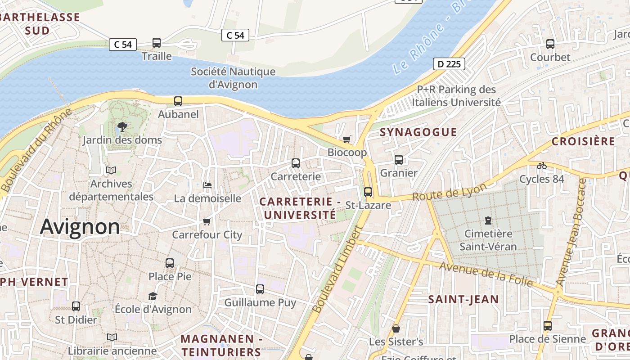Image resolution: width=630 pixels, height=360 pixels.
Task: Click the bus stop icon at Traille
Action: pos(157,43)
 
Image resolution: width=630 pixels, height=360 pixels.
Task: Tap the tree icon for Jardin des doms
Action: pos(122,127)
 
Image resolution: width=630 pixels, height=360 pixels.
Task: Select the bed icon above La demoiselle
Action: pos(207,185)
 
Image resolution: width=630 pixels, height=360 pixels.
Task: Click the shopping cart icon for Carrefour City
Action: pos(207,221)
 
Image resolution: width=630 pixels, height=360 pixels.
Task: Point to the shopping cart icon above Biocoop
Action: pos(346,139)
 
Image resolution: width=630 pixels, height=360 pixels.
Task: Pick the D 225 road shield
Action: pos(449,64)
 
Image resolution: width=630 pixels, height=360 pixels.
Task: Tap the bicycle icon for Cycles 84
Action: pos(542,166)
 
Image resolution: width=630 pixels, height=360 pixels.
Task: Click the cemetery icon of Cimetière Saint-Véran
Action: pos(488,220)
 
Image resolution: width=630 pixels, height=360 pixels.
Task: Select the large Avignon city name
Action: pos(80,227)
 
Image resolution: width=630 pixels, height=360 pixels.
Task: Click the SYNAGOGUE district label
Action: pos(418,132)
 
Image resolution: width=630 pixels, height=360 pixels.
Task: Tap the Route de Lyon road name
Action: pos(450,193)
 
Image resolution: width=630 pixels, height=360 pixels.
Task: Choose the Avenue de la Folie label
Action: pos(486,274)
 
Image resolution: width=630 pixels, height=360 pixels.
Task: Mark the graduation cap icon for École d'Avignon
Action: pos(153,296)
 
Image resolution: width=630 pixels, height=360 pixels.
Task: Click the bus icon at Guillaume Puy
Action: pos(260,289)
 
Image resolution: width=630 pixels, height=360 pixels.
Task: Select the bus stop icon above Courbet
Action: pos(550,44)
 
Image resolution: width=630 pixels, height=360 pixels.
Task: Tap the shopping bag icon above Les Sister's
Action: pos(396,328)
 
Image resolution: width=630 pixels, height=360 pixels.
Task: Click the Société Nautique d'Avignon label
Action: pos(233,78)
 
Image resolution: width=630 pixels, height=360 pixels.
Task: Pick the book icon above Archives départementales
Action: pos(111,171)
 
